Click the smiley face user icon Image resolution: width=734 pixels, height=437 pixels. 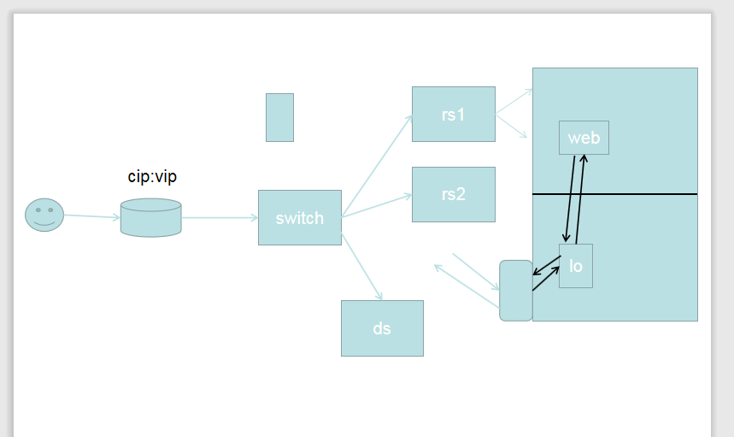click(x=44, y=215)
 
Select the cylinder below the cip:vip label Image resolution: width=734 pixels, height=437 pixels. click(x=150, y=219)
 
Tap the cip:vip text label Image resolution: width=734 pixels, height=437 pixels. click(x=152, y=177)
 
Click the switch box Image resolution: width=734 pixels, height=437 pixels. click(x=300, y=218)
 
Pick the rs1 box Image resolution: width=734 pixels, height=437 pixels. click(x=454, y=114)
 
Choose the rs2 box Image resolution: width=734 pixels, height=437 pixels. click(x=454, y=194)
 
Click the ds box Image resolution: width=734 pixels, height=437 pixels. click(x=382, y=328)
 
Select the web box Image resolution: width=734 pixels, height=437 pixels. click(x=584, y=138)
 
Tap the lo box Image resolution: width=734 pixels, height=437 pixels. click(x=576, y=266)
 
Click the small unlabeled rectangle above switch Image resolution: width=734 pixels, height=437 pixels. click(x=279, y=117)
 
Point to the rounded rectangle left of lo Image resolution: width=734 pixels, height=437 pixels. click(x=516, y=291)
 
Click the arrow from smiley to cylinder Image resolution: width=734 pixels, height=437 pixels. click(x=92, y=216)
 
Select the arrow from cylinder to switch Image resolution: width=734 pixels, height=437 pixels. click(x=220, y=218)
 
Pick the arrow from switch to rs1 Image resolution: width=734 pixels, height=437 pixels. click(x=378, y=164)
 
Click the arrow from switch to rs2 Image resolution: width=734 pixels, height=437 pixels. click(x=377, y=206)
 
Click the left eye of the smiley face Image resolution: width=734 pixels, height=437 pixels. click(x=38, y=210)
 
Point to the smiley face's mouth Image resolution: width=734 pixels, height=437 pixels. click(x=44, y=223)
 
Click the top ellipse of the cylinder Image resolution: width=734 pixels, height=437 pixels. click(x=150, y=205)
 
